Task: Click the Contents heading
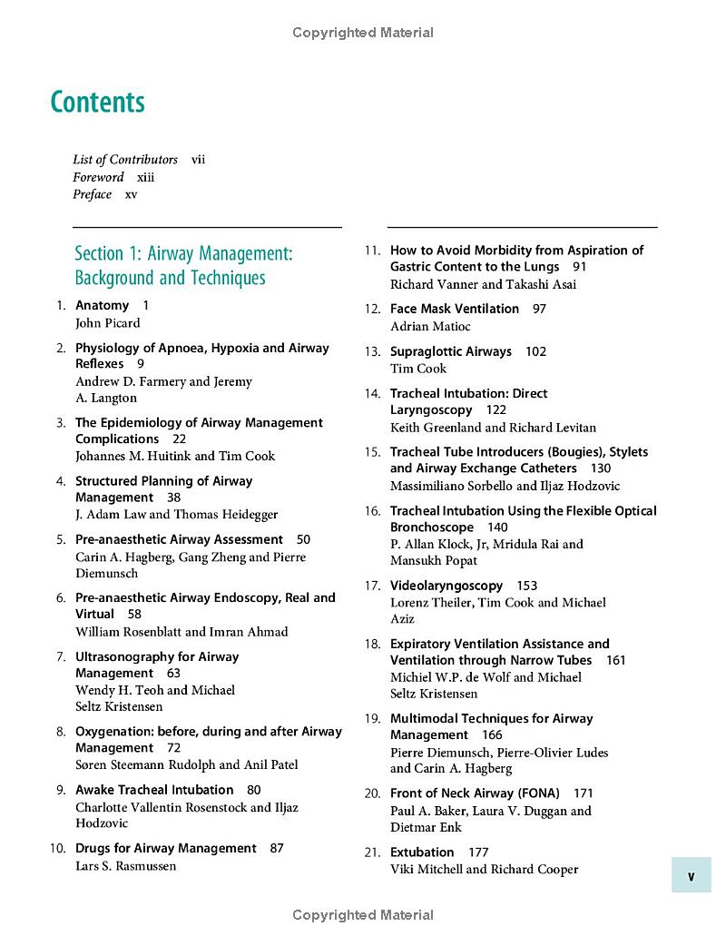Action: pos(98,102)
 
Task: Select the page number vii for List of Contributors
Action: pos(198,160)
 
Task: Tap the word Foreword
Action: pos(99,177)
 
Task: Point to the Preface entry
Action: pos(93,194)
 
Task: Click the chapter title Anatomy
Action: pos(102,306)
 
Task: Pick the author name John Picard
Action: pos(107,323)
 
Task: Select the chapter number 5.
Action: pos(61,540)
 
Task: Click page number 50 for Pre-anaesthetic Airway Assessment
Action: pos(303,540)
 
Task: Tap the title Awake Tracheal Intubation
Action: pos(154,791)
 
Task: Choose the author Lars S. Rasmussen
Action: pos(125,866)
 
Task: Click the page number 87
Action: pos(277,849)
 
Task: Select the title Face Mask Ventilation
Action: pos(455,310)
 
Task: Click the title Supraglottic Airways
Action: pos(451,352)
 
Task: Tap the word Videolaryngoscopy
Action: pos(446,586)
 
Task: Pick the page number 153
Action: pos(527,586)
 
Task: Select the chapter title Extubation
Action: pos(422,852)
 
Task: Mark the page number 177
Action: pos(478,852)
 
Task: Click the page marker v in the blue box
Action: pos(692,877)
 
